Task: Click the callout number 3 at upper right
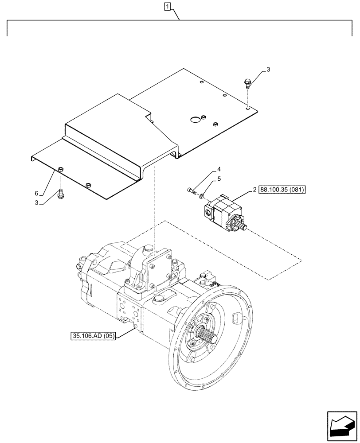268,70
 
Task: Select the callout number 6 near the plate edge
43,193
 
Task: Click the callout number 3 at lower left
43,203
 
